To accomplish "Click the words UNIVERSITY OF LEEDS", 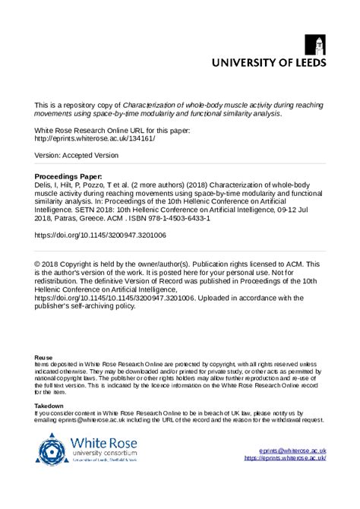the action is point(269,63).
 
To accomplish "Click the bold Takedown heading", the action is point(49,406).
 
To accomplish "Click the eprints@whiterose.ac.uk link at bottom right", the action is point(292,451).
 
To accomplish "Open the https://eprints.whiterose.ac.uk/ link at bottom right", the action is point(285,458).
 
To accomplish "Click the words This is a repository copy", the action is point(77,106).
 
